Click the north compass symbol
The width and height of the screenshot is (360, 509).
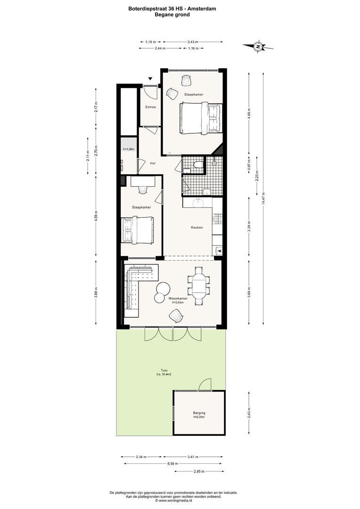pos(258,47)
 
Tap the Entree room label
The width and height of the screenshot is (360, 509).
pos(151,107)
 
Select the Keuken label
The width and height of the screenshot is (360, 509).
pos(196,227)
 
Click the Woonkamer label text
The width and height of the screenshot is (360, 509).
pos(178,298)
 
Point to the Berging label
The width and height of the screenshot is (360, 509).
pos(199,413)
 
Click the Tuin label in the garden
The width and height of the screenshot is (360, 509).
pos(164,370)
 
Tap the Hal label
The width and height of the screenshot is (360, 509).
pos(152,163)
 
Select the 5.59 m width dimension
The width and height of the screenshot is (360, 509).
pos(172,464)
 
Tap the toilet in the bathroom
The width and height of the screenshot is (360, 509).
pos(197,165)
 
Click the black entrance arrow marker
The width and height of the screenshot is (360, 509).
pos(150,79)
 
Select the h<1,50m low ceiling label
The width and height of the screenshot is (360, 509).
pos(128,149)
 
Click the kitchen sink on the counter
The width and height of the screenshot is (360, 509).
pos(198,202)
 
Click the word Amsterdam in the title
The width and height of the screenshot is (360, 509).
pos(203,9)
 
